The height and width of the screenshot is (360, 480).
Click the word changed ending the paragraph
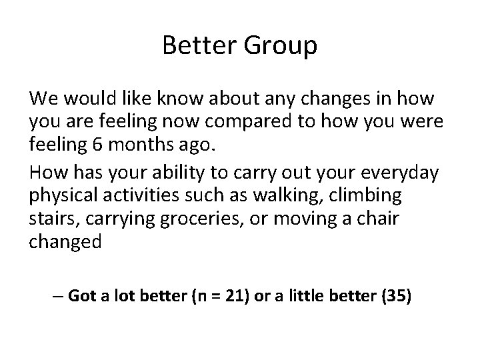coord(65,241)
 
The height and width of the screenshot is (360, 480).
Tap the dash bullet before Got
coord(57,296)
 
